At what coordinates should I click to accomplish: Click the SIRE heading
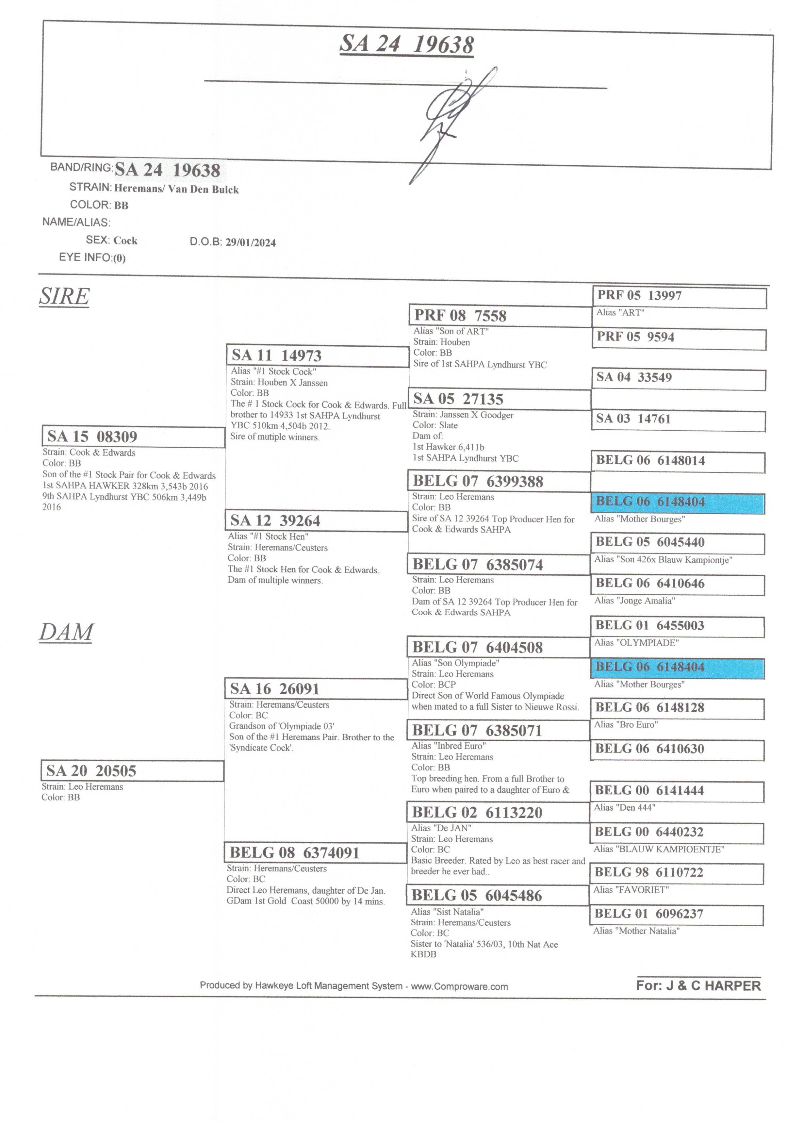click(x=64, y=296)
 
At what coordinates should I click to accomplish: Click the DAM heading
click(x=66, y=633)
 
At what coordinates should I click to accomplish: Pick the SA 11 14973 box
click(x=318, y=355)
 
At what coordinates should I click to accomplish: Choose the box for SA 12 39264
click(x=317, y=520)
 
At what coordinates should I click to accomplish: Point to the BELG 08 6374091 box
click(x=316, y=852)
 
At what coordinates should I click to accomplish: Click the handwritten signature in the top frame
click(x=452, y=125)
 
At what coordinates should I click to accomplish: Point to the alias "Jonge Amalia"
click(x=634, y=601)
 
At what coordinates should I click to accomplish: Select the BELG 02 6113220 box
click(x=498, y=812)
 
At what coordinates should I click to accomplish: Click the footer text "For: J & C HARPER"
click(x=698, y=985)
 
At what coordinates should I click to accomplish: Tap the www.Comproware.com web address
click(x=459, y=986)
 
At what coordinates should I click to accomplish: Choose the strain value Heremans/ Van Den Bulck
click(x=176, y=189)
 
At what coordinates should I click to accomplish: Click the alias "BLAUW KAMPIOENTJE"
click(x=659, y=849)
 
